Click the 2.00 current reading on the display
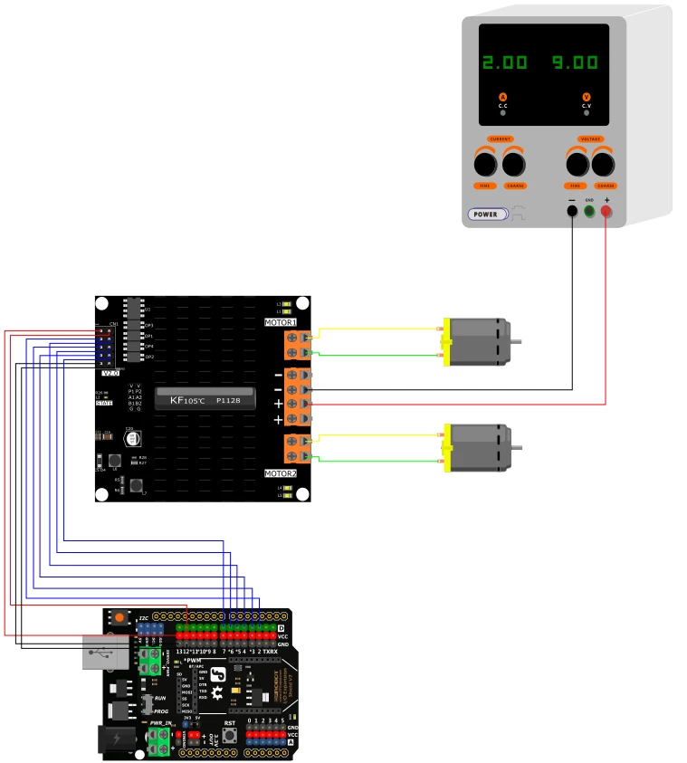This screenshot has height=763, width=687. (x=504, y=62)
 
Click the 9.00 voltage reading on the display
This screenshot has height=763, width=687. (x=576, y=62)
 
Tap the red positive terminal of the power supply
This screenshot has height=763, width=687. (x=606, y=211)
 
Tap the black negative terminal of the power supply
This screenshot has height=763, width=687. (x=572, y=211)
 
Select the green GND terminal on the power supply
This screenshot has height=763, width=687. (x=589, y=211)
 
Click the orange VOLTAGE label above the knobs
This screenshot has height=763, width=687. (x=590, y=139)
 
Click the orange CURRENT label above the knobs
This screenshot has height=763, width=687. (x=500, y=139)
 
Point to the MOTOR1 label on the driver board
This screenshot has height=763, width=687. (x=280, y=323)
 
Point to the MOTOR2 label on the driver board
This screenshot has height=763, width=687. (x=280, y=473)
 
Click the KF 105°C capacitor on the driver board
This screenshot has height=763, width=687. (x=205, y=398)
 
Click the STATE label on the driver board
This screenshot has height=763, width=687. (x=104, y=403)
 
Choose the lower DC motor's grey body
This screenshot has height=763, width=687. (x=480, y=448)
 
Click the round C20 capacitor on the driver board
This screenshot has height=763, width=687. (x=134, y=439)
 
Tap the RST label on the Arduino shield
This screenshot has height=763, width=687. (x=230, y=723)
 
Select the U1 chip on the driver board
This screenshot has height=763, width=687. (x=134, y=310)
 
